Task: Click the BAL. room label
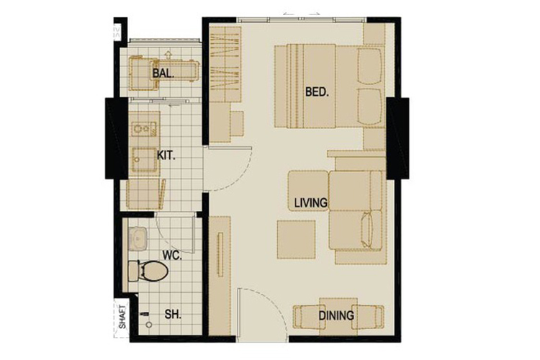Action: pyautogui.click(x=163, y=73)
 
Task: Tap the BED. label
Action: pyautogui.click(x=317, y=92)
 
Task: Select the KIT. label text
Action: pyautogui.click(x=166, y=156)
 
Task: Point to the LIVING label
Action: pyautogui.click(x=310, y=202)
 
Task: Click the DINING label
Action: pyautogui.click(x=336, y=315)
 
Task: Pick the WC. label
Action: pyautogui.click(x=172, y=256)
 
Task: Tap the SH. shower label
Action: pyautogui.click(x=173, y=314)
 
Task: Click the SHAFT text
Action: pyautogui.click(x=122, y=317)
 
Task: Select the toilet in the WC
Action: pyautogui.click(x=148, y=271)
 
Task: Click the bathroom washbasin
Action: pyautogui.click(x=138, y=238)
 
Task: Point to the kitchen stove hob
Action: pyautogui.click(x=144, y=129)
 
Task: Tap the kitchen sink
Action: pyautogui.click(x=145, y=160)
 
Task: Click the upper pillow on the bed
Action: pyautogui.click(x=370, y=66)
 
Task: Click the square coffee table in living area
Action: pyautogui.click(x=296, y=240)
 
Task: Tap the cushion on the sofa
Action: pyautogui.click(x=366, y=228)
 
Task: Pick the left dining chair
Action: pyautogui.click(x=307, y=317)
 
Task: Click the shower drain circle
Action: pyautogui.click(x=149, y=325)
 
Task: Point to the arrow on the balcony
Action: pyautogui.click(x=168, y=55)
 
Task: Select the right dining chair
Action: pyautogui.click(x=367, y=317)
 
